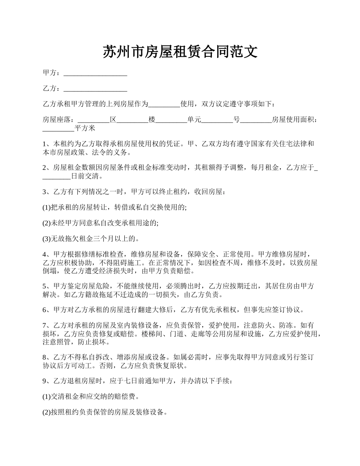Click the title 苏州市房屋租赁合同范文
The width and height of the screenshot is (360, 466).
pos(180,52)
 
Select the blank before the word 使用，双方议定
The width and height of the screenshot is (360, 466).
pos(164,104)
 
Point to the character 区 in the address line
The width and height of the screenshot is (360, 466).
pos(113,120)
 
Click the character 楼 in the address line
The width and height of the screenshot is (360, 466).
pos(152,120)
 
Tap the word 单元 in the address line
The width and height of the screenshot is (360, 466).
pos(194,120)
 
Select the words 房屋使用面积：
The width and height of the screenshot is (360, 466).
pos(294,120)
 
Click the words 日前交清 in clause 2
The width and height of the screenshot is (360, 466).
pos(85,176)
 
